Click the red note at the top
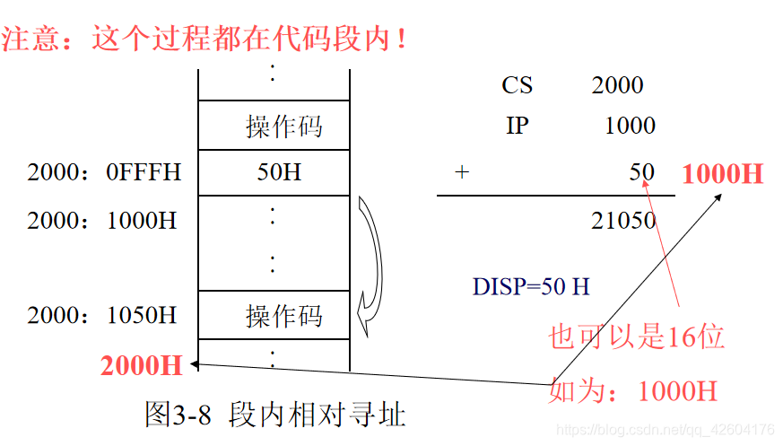tap(205, 39)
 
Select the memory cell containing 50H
tap(274, 172)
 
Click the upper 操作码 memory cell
tap(274, 126)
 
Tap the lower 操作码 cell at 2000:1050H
tap(274, 315)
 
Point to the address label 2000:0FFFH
tap(104, 172)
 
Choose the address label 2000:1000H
tap(102, 220)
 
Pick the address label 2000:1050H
tap(102, 315)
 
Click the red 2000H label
tap(141, 364)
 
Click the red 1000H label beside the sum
tap(722, 173)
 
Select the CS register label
tap(518, 85)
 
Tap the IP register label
tap(518, 126)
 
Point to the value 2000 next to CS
tap(617, 85)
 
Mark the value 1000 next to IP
tap(630, 126)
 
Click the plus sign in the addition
tap(462, 172)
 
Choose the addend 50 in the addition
tap(641, 172)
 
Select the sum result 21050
tap(623, 220)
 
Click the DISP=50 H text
tap(531, 286)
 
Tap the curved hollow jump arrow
tap(370, 260)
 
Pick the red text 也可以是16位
tap(636, 337)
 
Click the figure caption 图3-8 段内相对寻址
tap(275, 414)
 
